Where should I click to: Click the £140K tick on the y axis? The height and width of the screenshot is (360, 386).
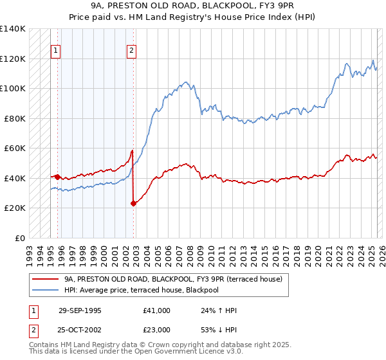click(x=13, y=29)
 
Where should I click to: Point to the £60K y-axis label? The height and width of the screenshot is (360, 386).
click(x=15, y=148)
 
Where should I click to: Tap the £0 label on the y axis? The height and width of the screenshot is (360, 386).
click(x=19, y=238)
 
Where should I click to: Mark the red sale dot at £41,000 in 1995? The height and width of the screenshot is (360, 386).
click(x=58, y=176)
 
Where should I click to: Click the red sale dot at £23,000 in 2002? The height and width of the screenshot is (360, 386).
click(x=133, y=203)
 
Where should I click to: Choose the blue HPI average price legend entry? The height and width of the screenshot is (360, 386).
click(x=141, y=290)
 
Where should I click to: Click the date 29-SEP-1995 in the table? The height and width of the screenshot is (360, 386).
click(x=80, y=310)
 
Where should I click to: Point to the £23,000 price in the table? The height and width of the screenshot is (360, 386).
click(x=156, y=329)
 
